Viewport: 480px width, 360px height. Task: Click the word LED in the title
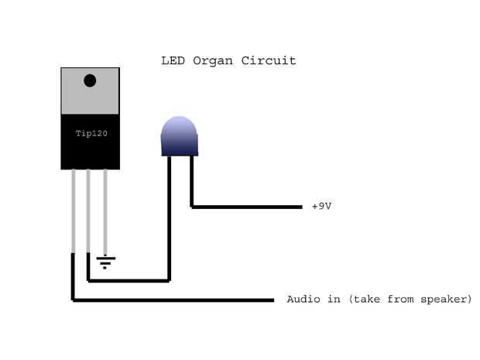tap(172, 60)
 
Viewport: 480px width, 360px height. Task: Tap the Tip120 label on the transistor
tap(91, 133)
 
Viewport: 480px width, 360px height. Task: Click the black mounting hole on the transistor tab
tap(90, 80)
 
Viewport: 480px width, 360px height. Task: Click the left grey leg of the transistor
tap(74, 209)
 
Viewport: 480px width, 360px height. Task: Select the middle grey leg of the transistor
tap(89, 209)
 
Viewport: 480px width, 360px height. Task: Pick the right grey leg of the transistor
tap(105, 209)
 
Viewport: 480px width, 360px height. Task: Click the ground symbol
tap(106, 262)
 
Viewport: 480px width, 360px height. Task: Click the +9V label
tap(322, 207)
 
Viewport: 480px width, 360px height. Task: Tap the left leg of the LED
tap(169, 217)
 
